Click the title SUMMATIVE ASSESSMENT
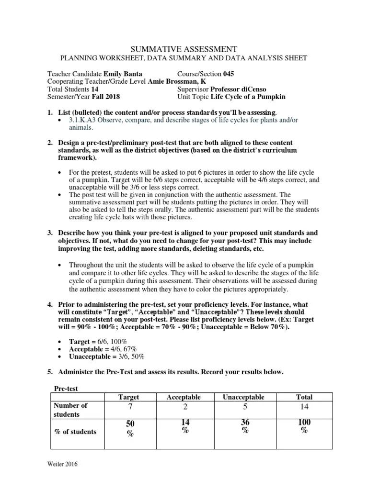point(184,49)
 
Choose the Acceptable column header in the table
point(184,397)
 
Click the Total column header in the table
point(304,397)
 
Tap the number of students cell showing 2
point(184,407)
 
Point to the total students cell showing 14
point(304,407)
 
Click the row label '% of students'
point(75,432)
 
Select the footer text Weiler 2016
point(62,464)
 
